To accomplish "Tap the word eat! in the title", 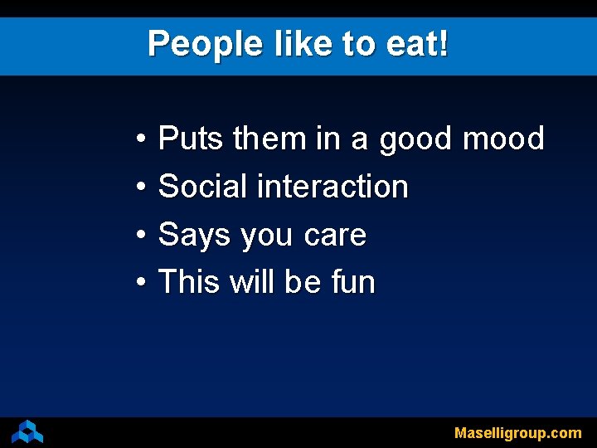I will [418, 43].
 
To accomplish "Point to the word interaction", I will [332, 187].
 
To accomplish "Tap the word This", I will [189, 282].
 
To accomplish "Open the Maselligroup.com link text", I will [517, 433].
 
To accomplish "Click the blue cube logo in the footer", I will [27, 431].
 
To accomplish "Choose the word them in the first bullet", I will [269, 139].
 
